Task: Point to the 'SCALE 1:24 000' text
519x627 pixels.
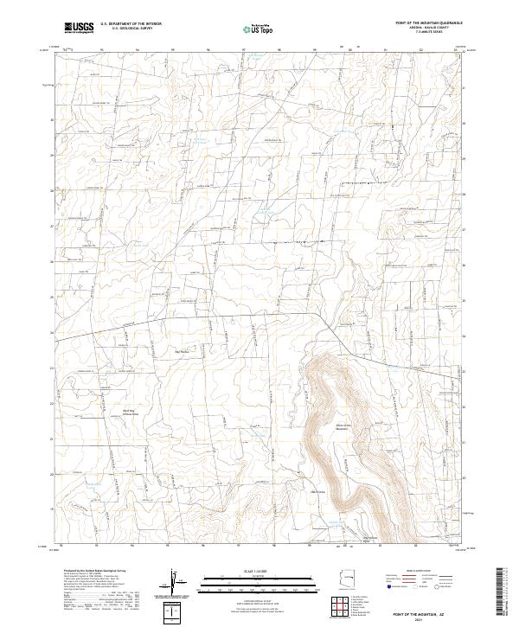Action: tap(241, 571)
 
